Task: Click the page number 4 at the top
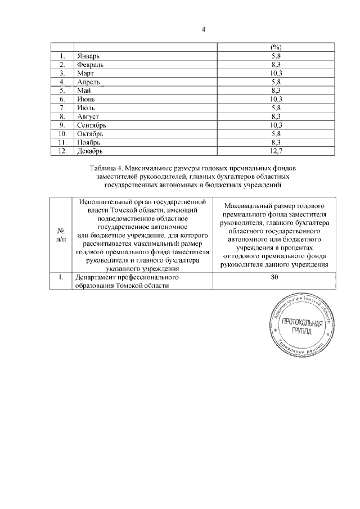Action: [204, 29]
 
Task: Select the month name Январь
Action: [89, 57]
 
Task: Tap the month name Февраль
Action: [91, 65]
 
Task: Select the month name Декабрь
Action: [91, 150]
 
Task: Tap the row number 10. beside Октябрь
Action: [62, 133]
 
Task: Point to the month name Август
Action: [88, 116]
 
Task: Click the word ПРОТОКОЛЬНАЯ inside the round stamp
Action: [302, 323]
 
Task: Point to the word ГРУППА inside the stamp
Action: [301, 332]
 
